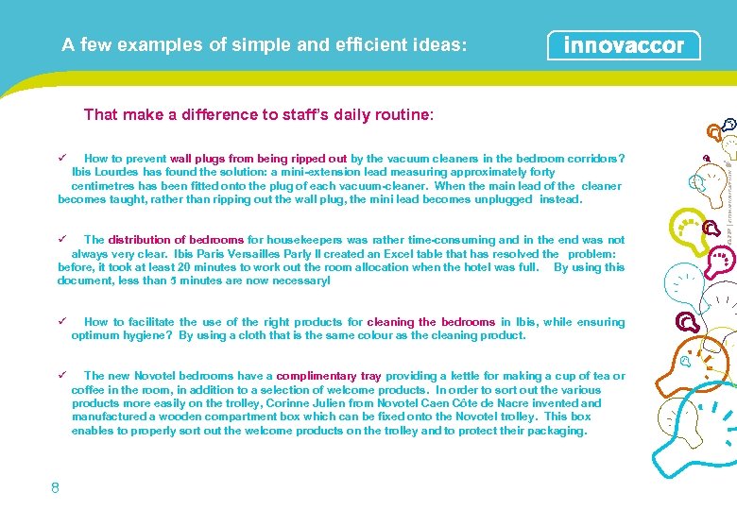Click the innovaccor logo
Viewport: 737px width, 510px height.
click(624, 45)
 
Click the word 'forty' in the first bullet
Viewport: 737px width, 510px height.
click(543, 172)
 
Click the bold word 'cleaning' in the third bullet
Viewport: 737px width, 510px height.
click(390, 322)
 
